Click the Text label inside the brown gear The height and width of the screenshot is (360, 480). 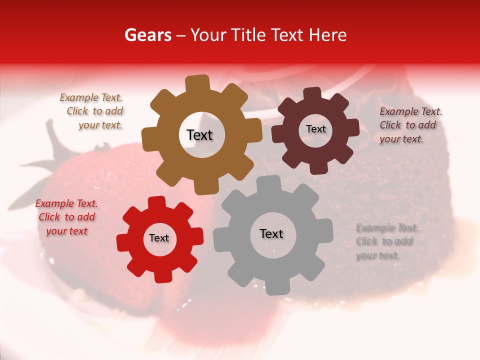199,135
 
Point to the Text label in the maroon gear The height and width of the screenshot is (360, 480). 315,129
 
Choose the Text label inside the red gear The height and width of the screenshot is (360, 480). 159,238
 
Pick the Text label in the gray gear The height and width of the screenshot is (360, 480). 271,233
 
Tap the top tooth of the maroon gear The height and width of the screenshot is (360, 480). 312,93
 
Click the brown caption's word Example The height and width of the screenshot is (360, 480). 77,98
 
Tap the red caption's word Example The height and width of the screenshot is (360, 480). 53,203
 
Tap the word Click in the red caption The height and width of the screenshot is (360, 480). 49,217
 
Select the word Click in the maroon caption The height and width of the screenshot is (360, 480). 390,125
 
